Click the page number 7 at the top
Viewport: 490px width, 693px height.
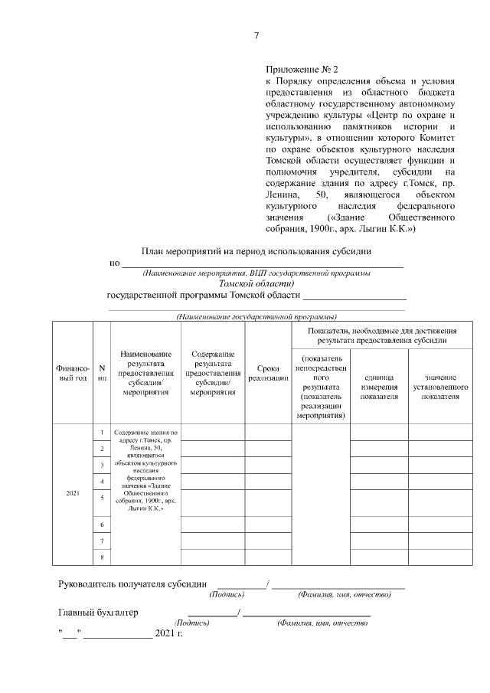pyautogui.click(x=256, y=36)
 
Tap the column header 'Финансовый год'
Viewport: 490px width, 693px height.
pyautogui.click(x=73, y=374)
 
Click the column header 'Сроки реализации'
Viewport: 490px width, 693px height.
pyautogui.click(x=268, y=373)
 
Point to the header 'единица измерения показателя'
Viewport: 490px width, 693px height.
pyautogui.click(x=379, y=386)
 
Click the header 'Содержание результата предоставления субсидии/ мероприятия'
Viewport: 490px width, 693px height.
pyautogui.click(x=213, y=373)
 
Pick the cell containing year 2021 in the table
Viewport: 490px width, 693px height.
pyautogui.click(x=73, y=492)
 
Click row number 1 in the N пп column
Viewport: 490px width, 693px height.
pyautogui.click(x=102, y=433)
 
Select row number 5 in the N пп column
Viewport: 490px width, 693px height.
pyautogui.click(x=102, y=498)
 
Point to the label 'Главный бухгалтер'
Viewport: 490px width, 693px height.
pyautogui.click(x=99, y=612)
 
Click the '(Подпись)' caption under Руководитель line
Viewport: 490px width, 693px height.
pyautogui.click(x=227, y=595)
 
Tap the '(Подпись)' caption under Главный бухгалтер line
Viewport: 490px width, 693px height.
pyautogui.click(x=192, y=623)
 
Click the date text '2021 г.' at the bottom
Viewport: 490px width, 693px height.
pyautogui.click(x=169, y=634)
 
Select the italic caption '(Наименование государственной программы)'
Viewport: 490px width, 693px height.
pyautogui.click(x=257, y=316)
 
